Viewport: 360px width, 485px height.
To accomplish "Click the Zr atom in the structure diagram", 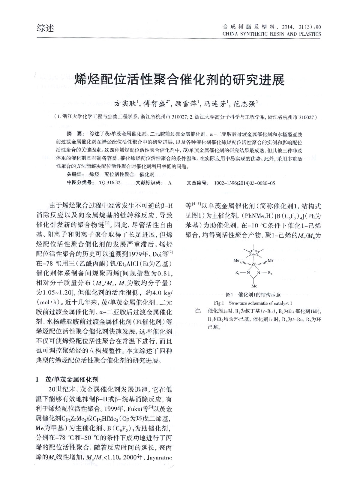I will [253, 264].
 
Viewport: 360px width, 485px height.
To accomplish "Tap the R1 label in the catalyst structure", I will [237, 273].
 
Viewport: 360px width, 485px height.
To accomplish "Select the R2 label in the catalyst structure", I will [270, 273].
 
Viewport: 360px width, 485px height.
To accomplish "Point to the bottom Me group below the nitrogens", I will [254, 286].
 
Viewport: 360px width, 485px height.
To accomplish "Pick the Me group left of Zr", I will [236, 261].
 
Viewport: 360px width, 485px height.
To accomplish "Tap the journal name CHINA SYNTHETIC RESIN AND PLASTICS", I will [271, 34].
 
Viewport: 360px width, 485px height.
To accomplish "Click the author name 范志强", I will [245, 104].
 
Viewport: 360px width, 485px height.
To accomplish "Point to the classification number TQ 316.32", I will [109, 182].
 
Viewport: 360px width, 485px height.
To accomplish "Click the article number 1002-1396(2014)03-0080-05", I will [244, 182].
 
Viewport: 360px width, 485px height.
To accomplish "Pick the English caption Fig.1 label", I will [219, 303].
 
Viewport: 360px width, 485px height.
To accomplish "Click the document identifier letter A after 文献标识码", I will [170, 182].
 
